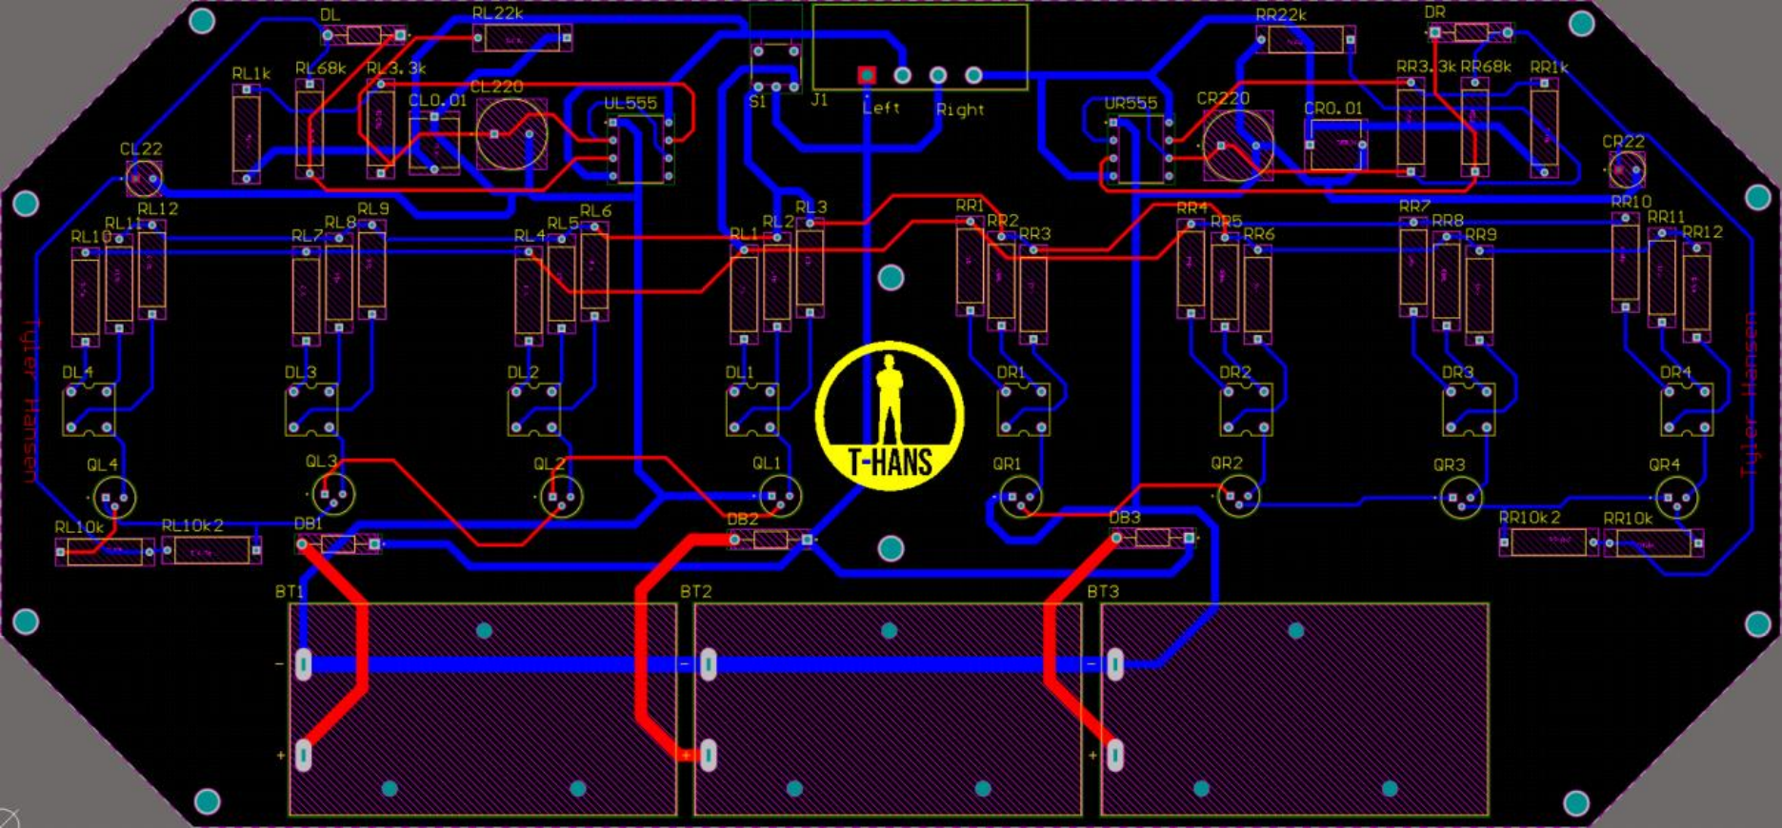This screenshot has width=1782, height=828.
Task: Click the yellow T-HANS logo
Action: coord(890,416)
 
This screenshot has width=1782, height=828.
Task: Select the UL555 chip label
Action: coord(630,104)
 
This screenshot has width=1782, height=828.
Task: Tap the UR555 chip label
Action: coord(1131,104)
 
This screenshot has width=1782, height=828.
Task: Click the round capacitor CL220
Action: coord(511,134)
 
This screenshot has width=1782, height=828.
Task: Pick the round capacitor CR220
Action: coord(1237,146)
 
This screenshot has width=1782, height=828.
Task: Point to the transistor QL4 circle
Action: coord(114,497)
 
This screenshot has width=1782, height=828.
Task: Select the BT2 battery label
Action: coord(695,592)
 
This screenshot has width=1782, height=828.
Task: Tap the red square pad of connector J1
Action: coord(867,74)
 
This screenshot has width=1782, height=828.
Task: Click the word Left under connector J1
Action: coord(881,108)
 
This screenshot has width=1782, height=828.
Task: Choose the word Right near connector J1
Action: coord(960,109)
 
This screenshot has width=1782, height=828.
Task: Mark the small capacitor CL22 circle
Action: coord(144,177)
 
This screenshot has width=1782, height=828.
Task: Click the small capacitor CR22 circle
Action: coord(1626,169)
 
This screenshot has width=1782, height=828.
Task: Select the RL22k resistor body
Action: coord(521,39)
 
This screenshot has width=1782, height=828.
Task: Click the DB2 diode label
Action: coord(742,520)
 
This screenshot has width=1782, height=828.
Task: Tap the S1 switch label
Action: coord(758,101)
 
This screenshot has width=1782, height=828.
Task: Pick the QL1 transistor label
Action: coord(766,463)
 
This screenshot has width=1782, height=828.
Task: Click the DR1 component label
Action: coord(1011,373)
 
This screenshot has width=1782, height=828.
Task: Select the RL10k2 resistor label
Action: coord(192,525)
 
